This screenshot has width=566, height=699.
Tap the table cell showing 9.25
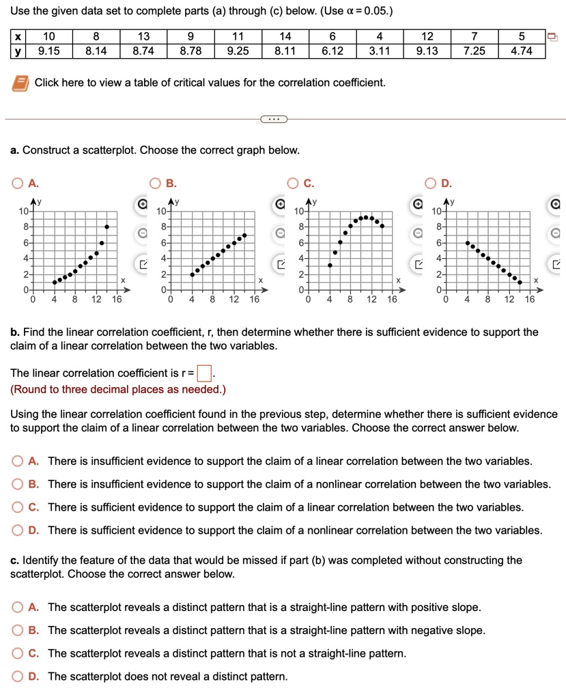pyautogui.click(x=238, y=51)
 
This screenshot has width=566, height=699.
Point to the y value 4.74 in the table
pyautogui.click(x=521, y=51)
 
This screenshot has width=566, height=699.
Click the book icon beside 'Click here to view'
pyautogui.click(x=19, y=83)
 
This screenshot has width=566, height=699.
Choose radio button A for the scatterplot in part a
pyautogui.click(x=16, y=183)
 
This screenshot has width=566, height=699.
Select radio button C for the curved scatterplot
pyautogui.click(x=292, y=183)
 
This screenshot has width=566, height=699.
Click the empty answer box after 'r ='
pyautogui.click(x=203, y=373)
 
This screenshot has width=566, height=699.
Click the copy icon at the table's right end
pyautogui.click(x=554, y=38)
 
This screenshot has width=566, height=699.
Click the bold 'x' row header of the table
pyautogui.click(x=18, y=38)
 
